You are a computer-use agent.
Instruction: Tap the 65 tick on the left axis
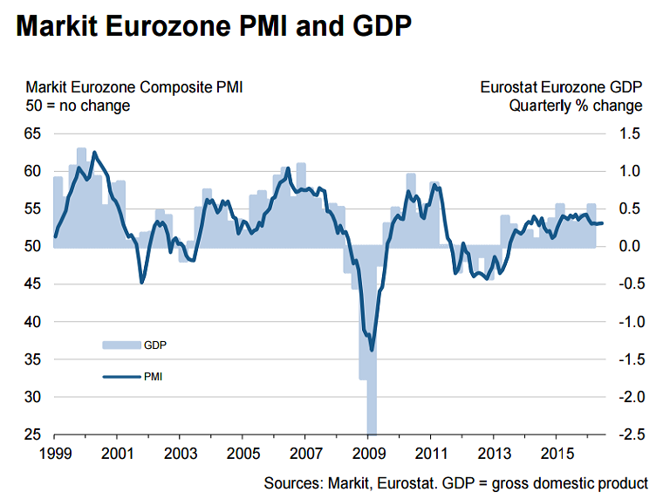(33, 133)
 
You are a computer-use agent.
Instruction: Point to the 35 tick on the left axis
(33, 359)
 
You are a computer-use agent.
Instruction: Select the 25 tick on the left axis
(33, 434)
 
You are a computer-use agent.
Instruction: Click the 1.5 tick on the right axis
(630, 133)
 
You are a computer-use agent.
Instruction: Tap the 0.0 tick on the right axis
(630, 247)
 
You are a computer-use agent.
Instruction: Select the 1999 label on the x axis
(54, 454)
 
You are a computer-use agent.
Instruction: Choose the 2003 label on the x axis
(180, 454)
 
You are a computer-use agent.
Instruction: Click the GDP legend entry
(154, 345)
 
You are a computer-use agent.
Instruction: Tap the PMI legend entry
(153, 377)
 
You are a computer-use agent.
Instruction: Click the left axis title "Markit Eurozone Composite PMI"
(134, 87)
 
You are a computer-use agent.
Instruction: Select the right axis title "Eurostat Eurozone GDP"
(561, 87)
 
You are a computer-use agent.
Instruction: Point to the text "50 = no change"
(78, 106)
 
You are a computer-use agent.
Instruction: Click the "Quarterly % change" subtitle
(576, 106)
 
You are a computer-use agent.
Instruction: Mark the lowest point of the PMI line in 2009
(372, 350)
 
